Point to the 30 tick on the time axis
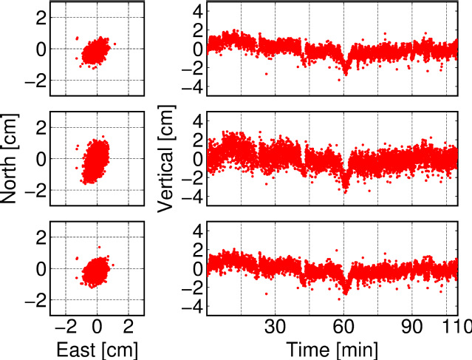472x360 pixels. point(275,326)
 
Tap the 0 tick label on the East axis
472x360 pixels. point(98,326)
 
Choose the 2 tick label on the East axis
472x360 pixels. point(129,326)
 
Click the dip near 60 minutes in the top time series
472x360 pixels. point(345,70)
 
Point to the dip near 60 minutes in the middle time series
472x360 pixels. point(345,187)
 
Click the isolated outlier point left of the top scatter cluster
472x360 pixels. point(76,38)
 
